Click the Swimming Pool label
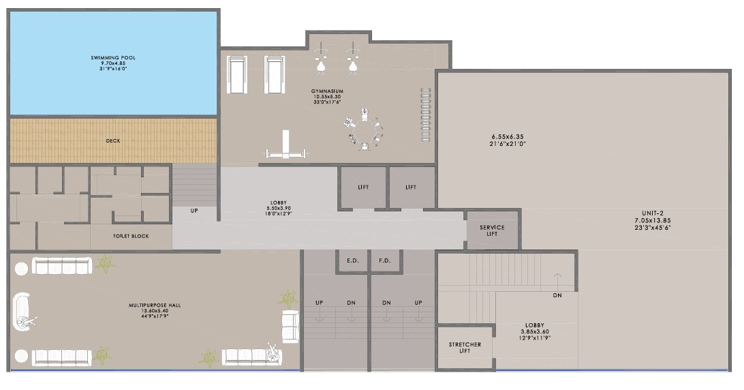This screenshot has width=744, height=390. (113, 63)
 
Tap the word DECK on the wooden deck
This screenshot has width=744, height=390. (113, 140)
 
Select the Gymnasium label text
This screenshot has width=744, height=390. (328, 96)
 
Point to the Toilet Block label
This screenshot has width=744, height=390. (131, 236)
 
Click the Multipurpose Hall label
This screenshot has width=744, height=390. (155, 310)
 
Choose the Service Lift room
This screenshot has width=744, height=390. (492, 230)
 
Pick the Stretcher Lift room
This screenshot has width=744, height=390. (465, 348)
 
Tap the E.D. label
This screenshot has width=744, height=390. (352, 260)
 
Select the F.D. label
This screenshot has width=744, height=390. (385, 260)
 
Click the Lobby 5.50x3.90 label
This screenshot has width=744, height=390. (279, 208)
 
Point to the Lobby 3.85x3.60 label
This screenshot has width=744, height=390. (535, 331)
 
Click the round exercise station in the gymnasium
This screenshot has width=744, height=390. (365, 130)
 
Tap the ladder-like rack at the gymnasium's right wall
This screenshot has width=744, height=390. (426, 115)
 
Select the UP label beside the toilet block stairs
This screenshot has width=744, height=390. (194, 211)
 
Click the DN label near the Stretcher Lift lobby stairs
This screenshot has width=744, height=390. (557, 295)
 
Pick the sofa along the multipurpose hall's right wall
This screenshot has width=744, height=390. (290, 327)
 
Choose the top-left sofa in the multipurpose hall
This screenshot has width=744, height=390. (62, 266)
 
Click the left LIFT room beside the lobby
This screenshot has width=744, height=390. (363, 187)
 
